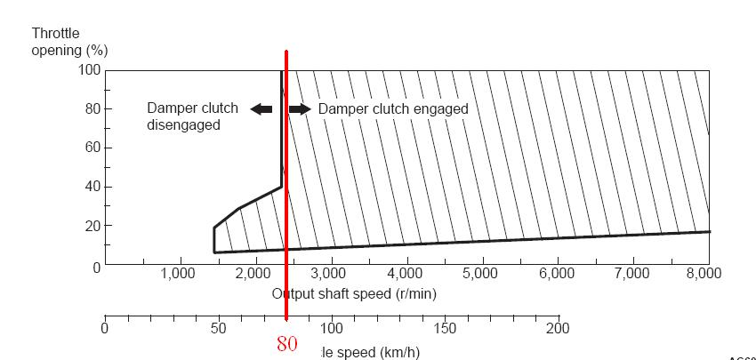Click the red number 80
click(x=286, y=343)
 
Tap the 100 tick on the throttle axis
click(x=92, y=70)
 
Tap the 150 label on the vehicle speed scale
click(x=445, y=329)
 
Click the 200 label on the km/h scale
click(x=557, y=329)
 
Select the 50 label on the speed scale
click(x=218, y=329)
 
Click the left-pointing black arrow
click(x=261, y=109)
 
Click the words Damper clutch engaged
click(x=393, y=109)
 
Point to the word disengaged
click(x=183, y=125)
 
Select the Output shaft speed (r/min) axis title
click(x=354, y=292)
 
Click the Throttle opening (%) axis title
click(x=63, y=41)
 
